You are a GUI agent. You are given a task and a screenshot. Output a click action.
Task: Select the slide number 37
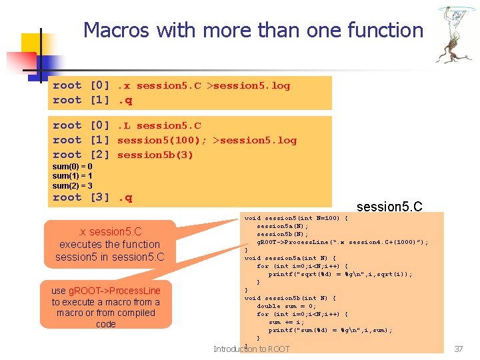(458, 349)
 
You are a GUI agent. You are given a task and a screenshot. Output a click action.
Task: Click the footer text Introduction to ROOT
(251, 349)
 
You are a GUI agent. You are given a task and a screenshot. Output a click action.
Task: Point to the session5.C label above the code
(389, 207)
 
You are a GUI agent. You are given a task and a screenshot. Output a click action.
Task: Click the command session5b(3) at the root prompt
(155, 155)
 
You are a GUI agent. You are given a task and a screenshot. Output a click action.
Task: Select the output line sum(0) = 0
(72, 166)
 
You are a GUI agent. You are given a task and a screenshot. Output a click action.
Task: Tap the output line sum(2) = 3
(72, 185)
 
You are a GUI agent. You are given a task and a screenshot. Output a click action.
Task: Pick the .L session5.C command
(159, 125)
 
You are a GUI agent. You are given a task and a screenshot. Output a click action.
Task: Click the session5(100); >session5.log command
(207, 140)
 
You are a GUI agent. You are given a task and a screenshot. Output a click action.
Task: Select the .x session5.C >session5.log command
(203, 85)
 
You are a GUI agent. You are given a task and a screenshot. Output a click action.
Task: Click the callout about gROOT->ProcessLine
(106, 307)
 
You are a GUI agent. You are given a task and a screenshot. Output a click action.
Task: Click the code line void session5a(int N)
(290, 258)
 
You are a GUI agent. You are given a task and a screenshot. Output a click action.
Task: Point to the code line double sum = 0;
(297, 306)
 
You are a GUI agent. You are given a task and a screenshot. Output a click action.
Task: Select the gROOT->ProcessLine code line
(343, 242)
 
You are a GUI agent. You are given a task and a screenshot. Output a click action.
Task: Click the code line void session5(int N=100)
(296, 218)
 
